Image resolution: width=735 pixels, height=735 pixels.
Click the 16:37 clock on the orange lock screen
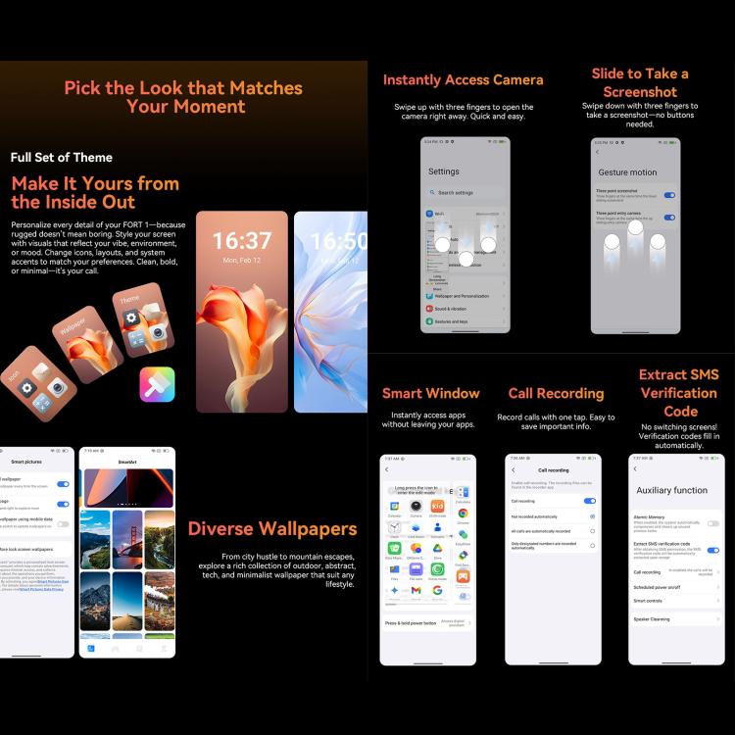242,241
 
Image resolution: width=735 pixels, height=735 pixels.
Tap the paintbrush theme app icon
157,384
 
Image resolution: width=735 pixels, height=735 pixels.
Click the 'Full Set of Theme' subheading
62,158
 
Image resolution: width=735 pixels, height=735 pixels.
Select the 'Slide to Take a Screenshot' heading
640,84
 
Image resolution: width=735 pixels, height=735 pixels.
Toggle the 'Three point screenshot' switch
669,194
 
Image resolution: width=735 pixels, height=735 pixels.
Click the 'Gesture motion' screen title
627,172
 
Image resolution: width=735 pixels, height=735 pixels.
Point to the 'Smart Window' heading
431,394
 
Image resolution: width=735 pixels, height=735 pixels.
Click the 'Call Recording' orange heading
556,394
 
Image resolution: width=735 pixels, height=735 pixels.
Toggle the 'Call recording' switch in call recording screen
590,501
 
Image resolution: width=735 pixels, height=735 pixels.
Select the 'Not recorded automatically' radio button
592,515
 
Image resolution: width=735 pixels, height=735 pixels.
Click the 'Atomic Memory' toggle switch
712,523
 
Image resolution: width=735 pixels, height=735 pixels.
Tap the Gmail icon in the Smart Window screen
416,591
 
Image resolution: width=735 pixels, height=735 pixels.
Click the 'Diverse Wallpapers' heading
272,530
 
